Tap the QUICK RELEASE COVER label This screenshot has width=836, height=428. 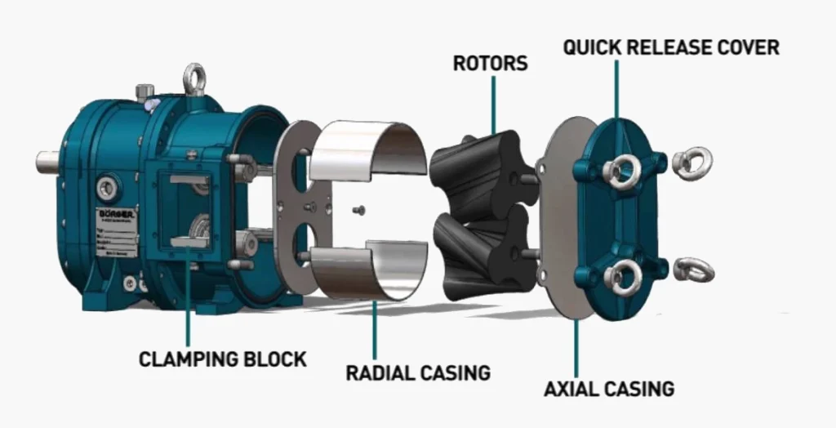(x=671, y=47)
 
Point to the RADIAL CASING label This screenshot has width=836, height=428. (x=418, y=373)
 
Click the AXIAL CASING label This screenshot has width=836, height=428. (x=609, y=388)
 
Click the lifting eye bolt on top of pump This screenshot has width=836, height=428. (x=194, y=80)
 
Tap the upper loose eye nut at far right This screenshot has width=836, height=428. (x=693, y=163)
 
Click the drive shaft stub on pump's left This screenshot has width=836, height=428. (x=47, y=160)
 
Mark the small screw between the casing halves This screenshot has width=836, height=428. (x=361, y=210)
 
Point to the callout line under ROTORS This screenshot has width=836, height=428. (x=493, y=102)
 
